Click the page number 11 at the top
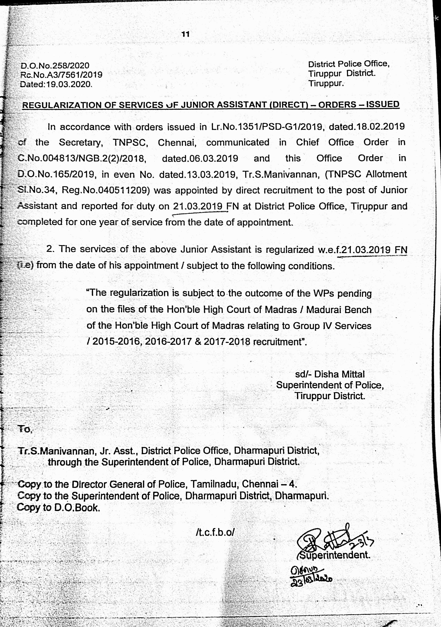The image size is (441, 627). point(186,35)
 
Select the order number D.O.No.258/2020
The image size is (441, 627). point(55,65)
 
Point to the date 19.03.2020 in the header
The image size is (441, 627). point(69,84)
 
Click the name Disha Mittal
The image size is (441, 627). point(339,374)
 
